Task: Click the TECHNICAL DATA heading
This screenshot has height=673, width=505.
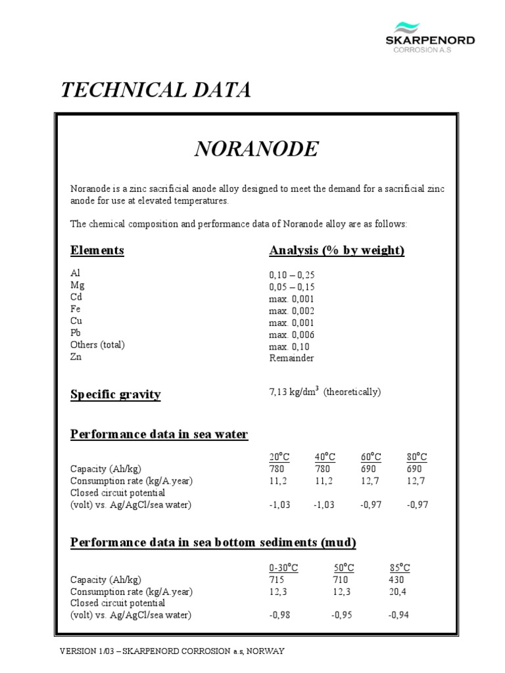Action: [155, 91]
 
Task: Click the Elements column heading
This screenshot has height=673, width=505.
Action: [97, 250]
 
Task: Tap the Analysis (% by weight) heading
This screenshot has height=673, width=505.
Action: [337, 250]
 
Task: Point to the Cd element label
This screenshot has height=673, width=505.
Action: [78, 298]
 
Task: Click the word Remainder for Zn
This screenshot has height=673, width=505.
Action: [291, 358]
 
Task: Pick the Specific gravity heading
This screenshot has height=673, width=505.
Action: [115, 394]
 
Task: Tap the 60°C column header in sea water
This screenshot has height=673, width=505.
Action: [371, 457]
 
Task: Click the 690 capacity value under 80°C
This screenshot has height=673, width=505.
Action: [416, 469]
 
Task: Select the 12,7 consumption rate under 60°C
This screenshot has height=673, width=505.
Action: [370, 480]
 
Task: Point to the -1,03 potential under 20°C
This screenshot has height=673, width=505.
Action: [279, 504]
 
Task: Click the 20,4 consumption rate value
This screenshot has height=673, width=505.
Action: [398, 592]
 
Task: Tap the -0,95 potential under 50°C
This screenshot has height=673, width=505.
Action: [343, 615]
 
